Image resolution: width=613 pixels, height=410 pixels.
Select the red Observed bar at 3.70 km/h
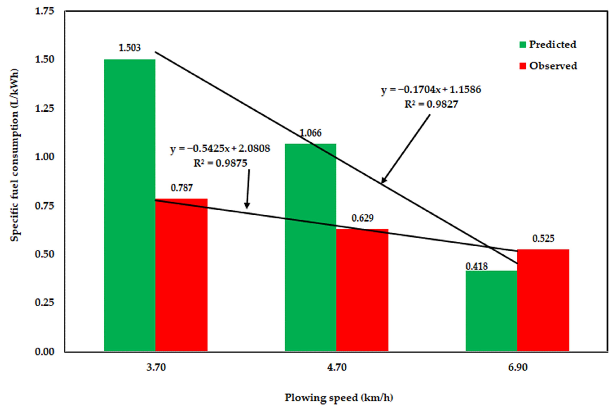(x=181, y=275)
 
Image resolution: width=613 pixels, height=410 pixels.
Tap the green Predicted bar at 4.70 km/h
(x=310, y=247)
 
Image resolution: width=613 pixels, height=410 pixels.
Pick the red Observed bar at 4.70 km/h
(x=362, y=290)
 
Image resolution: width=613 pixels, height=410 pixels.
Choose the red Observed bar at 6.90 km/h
(x=543, y=300)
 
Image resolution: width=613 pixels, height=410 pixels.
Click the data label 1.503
(x=129, y=48)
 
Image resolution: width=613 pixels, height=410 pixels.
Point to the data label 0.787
(x=181, y=188)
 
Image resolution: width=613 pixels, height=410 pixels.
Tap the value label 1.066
(x=310, y=133)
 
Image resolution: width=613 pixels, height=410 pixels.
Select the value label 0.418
(x=477, y=266)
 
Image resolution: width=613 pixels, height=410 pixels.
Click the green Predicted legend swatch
(x=522, y=45)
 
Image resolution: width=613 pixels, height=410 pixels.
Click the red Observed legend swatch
(x=522, y=66)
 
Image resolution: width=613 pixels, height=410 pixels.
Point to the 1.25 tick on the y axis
(x=44, y=108)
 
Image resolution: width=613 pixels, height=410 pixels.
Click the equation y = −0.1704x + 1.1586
(x=431, y=90)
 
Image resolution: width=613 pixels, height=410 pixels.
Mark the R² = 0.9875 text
(x=220, y=163)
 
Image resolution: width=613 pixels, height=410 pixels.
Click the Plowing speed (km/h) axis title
(x=339, y=398)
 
